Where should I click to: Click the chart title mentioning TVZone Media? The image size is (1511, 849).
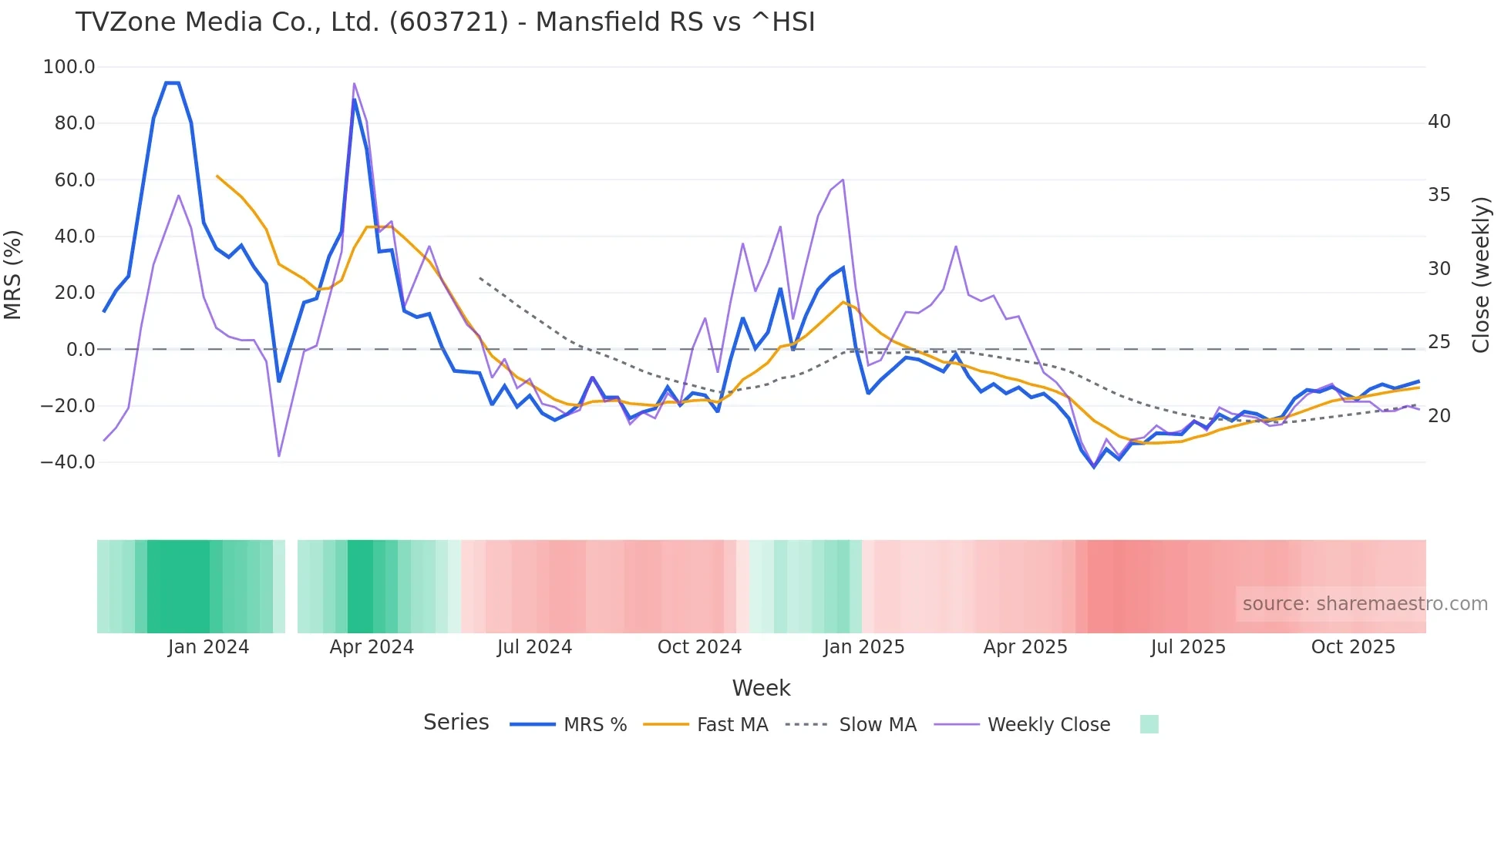coord(445,22)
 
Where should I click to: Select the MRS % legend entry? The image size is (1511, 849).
coord(569,725)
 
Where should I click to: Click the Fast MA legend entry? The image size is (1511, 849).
coord(705,725)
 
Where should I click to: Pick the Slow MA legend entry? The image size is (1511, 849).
coord(851,725)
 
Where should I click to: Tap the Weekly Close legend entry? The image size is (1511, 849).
coord(1022,725)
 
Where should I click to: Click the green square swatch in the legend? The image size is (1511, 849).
coord(1149,724)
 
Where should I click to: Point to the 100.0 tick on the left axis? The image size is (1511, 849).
coord(69,67)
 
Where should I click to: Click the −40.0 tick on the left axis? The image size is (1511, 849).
coord(68,462)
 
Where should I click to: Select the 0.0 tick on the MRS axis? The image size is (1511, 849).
coord(80,350)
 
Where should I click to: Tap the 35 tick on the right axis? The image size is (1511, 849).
coord(1439,195)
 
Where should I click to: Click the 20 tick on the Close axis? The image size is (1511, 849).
coord(1439,416)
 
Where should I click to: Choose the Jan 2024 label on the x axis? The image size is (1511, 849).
coord(208,647)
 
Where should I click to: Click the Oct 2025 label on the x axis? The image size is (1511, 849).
coord(1353,647)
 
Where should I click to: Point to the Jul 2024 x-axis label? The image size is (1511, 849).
coord(534,647)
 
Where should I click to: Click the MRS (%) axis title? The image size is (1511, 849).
coord(13,274)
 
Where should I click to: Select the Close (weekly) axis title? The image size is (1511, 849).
coord(1480,274)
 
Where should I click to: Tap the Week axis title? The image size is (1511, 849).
coord(761,688)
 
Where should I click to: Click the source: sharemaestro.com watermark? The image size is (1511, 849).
coord(1365,604)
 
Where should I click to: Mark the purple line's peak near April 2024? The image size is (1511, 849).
coord(354,83)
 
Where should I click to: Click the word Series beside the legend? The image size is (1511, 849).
coord(456,723)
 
